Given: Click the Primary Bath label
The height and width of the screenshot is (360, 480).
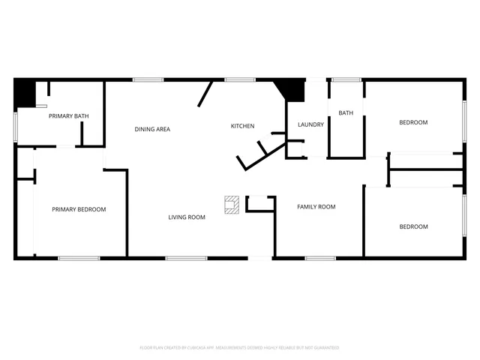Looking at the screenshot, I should coord(69,116).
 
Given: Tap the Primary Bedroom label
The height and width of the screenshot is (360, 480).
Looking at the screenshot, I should coord(79,209).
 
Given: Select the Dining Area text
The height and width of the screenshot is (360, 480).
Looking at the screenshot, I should coord(152,129).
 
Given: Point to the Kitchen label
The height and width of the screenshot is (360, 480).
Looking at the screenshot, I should coord(242,126).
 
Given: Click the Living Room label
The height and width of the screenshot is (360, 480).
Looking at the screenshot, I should coord(187,217).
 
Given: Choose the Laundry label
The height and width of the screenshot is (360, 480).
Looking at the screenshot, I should coord(310,124).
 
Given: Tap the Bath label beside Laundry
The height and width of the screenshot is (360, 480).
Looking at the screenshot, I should coord(346,113).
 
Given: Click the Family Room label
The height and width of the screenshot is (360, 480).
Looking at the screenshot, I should coord(316,207).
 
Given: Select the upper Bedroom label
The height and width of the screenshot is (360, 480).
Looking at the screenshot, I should coord(413,122).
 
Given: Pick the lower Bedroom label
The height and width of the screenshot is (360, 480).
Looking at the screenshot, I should coord(413,226).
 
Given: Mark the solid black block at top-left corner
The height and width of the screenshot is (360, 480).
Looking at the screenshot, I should coord(25,93).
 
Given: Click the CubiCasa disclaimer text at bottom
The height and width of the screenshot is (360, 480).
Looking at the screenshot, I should coord(239,348).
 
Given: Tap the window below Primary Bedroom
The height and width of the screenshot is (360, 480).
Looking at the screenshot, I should coord(79,259).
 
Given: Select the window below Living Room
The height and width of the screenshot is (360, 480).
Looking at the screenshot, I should coord(186,259).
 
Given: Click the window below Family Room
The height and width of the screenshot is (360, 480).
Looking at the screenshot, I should coord(319,259).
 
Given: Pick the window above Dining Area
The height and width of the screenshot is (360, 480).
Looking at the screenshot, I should coord(148,79).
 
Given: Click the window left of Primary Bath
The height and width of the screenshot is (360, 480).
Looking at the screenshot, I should coord(16,126).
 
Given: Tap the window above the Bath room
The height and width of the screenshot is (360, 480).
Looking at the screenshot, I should coord(346,79).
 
